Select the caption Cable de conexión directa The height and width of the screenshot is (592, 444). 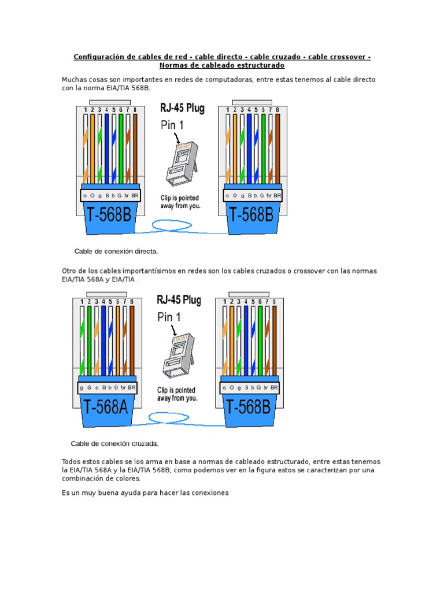[x=116, y=251]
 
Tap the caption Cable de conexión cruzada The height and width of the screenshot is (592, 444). [x=114, y=444]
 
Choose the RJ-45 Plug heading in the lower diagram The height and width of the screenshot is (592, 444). [x=179, y=300]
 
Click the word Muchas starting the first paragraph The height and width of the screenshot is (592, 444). [x=74, y=79]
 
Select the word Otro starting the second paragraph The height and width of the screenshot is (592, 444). [x=69, y=271]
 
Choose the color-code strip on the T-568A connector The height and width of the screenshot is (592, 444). [x=107, y=387]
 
